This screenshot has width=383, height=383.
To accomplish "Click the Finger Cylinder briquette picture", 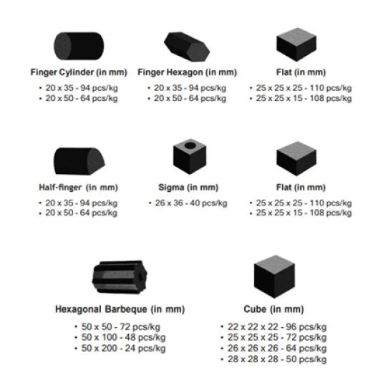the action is [x=79, y=46].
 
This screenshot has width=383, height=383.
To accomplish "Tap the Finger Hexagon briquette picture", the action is [x=187, y=47].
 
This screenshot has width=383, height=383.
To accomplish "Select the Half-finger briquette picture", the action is [x=79, y=161].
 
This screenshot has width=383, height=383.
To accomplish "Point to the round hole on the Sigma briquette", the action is [x=190, y=145].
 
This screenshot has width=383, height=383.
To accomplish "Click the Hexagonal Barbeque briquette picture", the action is [x=120, y=277].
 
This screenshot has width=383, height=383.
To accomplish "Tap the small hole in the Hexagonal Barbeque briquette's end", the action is [x=140, y=277].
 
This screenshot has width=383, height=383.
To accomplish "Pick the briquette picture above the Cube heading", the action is [x=274, y=276].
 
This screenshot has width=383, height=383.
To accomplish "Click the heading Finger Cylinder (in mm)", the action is [x=79, y=72].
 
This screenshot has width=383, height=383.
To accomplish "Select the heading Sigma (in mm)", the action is [x=188, y=188].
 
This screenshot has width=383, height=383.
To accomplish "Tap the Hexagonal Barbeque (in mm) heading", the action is [x=120, y=309].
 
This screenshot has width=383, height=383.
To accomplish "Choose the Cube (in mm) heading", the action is [x=273, y=309].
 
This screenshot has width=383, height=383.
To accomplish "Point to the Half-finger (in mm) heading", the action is [x=79, y=188].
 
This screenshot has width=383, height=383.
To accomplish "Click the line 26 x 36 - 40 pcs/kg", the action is [x=191, y=203].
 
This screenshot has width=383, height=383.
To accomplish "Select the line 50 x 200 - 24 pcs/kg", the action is [x=123, y=349].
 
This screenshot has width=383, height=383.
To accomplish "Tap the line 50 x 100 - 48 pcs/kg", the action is [x=123, y=337].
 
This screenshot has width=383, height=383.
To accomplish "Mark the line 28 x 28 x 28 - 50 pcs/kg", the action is [x=277, y=359].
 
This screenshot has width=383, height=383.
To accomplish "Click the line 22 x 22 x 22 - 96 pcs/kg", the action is [x=277, y=327].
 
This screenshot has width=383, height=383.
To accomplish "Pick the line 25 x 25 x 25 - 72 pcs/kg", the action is [x=277, y=337].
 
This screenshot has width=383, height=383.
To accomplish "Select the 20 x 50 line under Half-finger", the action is [x=82, y=213].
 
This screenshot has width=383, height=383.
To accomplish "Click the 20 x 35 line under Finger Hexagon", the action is [x=190, y=88].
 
